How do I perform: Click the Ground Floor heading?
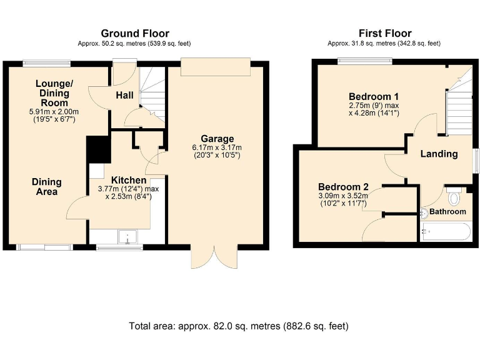[x=135, y=33]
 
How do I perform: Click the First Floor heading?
[x=385, y=33]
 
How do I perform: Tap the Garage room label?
[x=217, y=138]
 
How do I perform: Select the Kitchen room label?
[x=129, y=180]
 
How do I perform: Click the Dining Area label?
[x=47, y=186]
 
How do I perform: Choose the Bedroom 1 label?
[x=374, y=96]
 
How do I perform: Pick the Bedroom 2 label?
[x=343, y=187]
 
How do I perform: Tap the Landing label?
[x=439, y=154]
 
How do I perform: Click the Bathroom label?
[x=447, y=212]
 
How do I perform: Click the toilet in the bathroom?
[x=454, y=197]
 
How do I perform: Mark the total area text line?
[x=239, y=326]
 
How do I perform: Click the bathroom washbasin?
[x=424, y=213]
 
